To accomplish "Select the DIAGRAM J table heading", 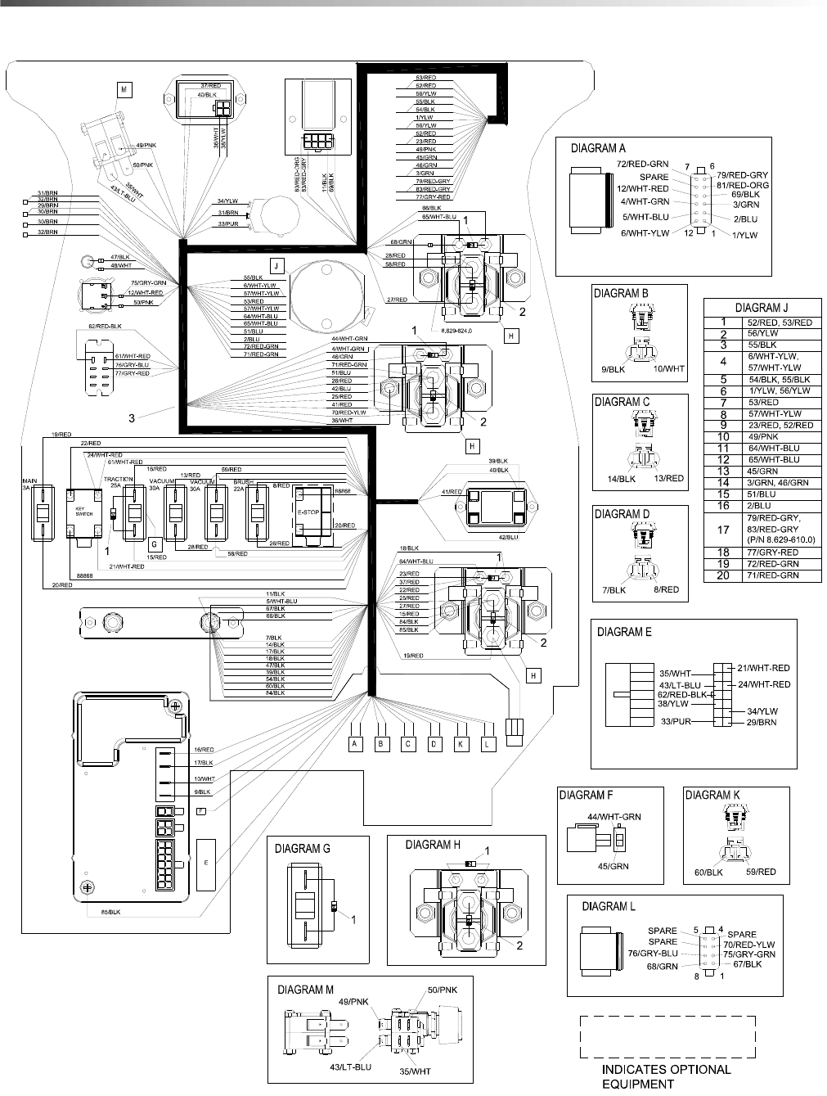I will (762, 308).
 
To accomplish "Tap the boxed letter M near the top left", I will (124, 90).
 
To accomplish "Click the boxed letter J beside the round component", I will (277, 265).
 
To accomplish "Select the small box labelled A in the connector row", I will (355, 744).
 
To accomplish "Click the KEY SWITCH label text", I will (79, 511).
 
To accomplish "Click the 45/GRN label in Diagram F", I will (614, 866).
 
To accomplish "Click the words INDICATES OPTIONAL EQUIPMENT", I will (667, 1076).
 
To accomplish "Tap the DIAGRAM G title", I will (303, 848).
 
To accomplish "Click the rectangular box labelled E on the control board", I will (206, 864).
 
